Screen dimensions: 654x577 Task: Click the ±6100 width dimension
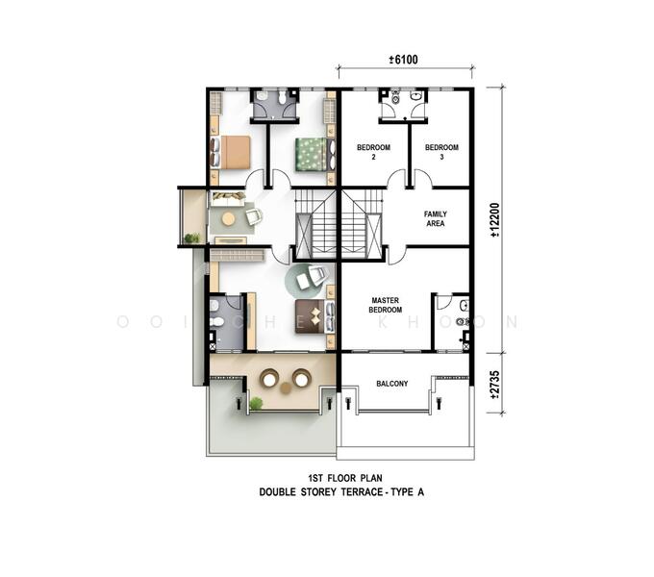(403, 60)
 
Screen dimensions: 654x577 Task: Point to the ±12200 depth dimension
(494, 220)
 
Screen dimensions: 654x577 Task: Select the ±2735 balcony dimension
(494, 385)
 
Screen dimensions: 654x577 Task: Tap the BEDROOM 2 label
(374, 152)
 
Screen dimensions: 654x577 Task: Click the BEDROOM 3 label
(441, 152)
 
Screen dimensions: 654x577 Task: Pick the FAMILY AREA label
(436, 219)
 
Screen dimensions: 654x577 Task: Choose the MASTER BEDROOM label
(386, 305)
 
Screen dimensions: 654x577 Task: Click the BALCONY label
(392, 384)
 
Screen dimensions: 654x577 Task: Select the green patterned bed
(314, 154)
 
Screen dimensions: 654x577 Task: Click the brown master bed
(314, 316)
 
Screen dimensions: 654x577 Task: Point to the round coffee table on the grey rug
(228, 219)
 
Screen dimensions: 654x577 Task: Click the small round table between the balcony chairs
(286, 389)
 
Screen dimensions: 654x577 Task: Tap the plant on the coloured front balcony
(256, 404)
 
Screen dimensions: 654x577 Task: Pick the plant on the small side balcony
(191, 238)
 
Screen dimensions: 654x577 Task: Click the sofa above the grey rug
(227, 198)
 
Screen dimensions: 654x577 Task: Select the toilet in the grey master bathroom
(216, 322)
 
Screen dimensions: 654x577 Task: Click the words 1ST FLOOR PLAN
(345, 478)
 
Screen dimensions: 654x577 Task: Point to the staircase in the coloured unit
(315, 225)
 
